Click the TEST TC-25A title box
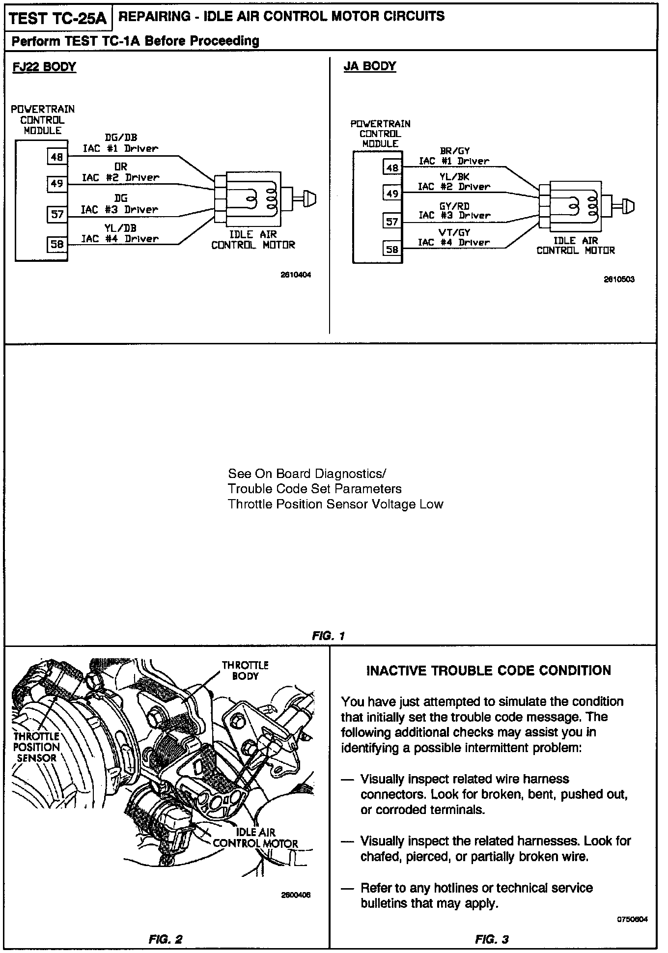tap(57, 19)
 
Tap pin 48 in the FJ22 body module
tap(57, 157)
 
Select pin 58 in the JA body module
tap(392, 250)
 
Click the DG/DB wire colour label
tap(121, 138)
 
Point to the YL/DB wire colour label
tap(120, 228)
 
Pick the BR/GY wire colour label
tap(454, 151)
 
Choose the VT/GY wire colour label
tap(454, 233)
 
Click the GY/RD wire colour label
tap(454, 206)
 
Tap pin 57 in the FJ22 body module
tap(57, 214)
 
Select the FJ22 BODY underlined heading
tap(44, 67)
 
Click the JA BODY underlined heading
tap(370, 66)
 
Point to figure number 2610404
tap(296, 275)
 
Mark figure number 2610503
tap(619, 280)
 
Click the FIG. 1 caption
tap(329, 636)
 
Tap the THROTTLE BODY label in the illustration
tap(245, 671)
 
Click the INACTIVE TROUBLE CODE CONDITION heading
tap(489, 671)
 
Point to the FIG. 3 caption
tap(492, 940)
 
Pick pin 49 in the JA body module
tap(392, 194)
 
